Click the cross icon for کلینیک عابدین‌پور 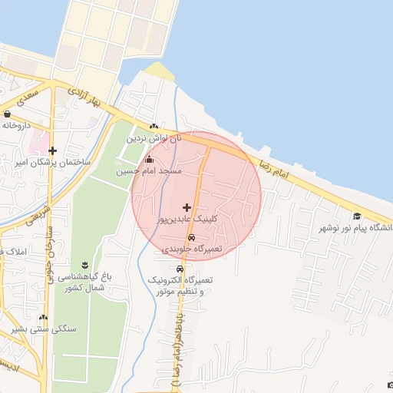(x=187, y=207)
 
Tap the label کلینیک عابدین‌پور (x=188, y=219)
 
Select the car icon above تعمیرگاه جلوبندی (x=191, y=238)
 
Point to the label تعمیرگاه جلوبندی (x=192, y=249)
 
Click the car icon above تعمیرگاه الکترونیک (x=180, y=269)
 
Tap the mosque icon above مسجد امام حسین (x=149, y=160)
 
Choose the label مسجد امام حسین (x=149, y=171)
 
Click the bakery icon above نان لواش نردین (x=154, y=127)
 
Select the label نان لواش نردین (x=158, y=138)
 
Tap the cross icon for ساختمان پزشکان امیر (x=52, y=151)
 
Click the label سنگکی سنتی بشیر (x=45, y=329)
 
